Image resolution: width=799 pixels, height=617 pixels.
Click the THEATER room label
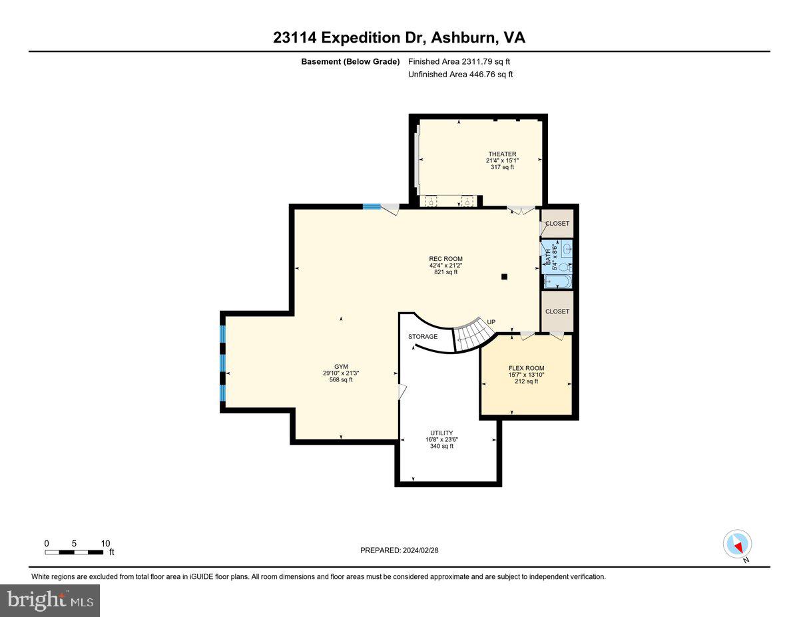501,154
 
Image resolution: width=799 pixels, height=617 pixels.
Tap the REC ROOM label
445,259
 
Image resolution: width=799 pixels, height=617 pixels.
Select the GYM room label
341,367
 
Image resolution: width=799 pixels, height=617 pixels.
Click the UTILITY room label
441,433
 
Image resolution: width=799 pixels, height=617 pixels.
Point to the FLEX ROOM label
526,368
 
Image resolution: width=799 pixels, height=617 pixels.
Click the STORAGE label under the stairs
423,336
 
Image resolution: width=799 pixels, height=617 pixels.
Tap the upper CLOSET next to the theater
557,224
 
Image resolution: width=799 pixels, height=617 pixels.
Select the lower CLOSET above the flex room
557,311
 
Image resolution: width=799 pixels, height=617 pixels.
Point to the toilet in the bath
562,266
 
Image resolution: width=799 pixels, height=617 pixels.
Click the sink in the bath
566,250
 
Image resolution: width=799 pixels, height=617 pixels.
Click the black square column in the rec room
505,276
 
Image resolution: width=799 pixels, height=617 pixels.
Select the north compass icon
737,544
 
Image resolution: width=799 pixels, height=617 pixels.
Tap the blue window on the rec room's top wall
371,206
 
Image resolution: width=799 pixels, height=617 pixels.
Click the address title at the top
399,37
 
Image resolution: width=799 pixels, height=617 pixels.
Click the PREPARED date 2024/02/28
400,550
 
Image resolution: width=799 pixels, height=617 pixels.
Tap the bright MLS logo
50,600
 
